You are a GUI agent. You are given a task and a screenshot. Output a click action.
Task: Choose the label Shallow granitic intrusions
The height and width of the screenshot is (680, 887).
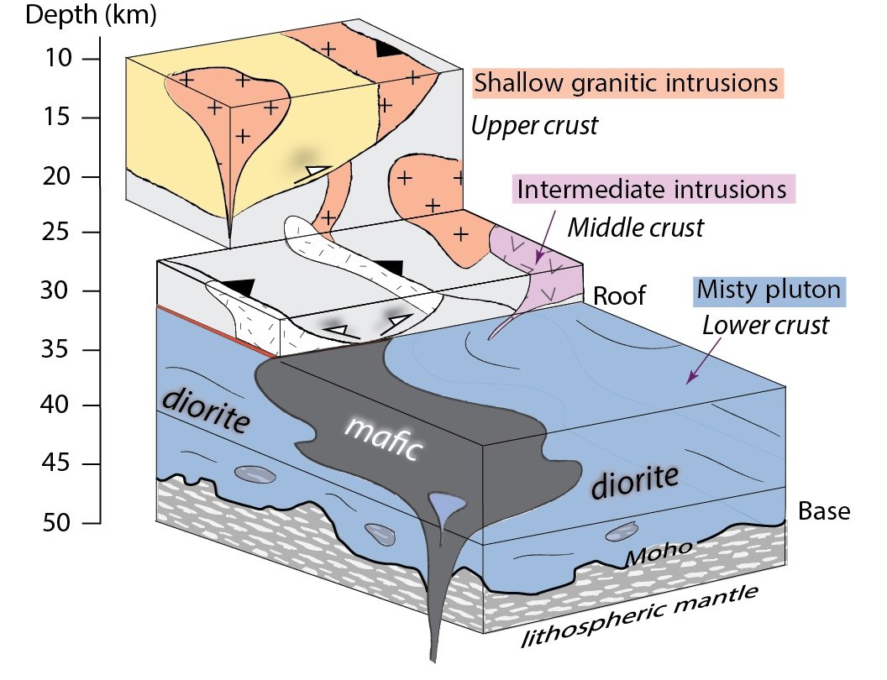625,83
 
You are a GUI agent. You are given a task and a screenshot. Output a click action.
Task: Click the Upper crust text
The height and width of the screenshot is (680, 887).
533,126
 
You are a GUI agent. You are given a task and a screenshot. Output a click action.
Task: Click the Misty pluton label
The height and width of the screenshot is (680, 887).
769,291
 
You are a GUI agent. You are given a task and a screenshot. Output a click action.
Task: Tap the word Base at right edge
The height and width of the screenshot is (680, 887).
823,510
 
